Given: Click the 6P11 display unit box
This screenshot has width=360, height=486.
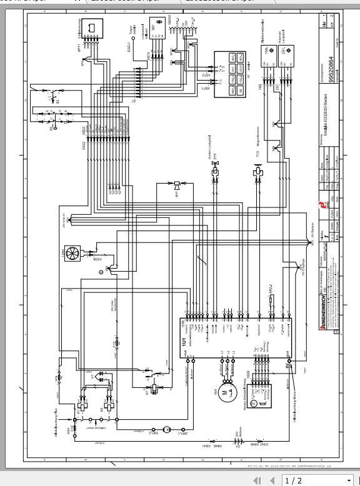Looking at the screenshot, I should coord(89,29).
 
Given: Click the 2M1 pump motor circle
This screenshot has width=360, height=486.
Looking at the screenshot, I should coord(166,430).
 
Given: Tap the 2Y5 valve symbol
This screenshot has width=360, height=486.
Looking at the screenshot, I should coord(214,167).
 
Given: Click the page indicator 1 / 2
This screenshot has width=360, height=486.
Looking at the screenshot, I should coord(294,480).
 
